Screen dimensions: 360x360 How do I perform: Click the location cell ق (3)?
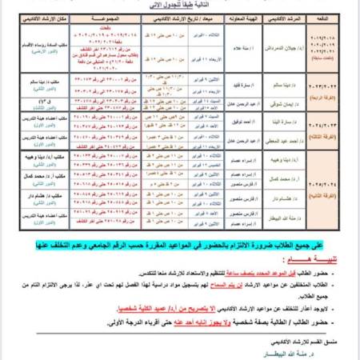click(x=45, y=101)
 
